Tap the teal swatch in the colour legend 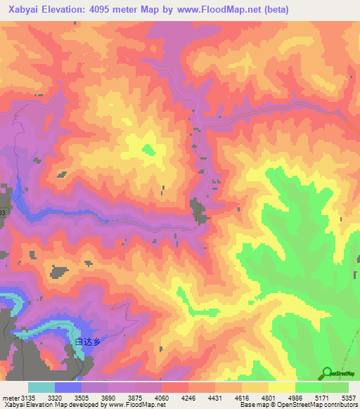(x=41, y=387)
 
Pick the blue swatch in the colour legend (x=68, y=387)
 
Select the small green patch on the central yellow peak (x=148, y=149)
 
